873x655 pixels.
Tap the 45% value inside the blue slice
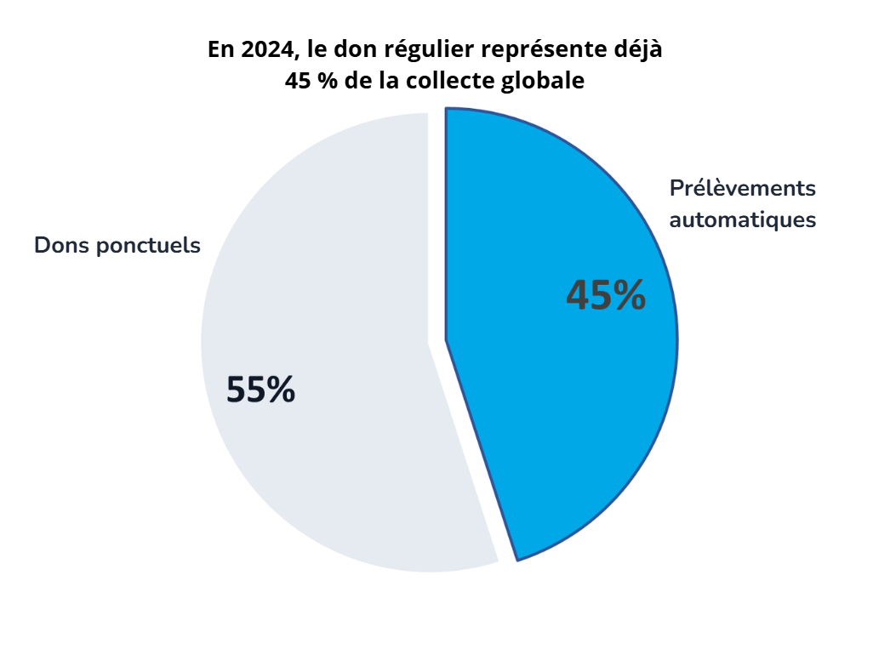(x=606, y=295)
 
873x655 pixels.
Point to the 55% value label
(x=260, y=390)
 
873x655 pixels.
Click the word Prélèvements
(x=742, y=188)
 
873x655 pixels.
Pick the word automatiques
(x=743, y=219)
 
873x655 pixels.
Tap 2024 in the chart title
(x=264, y=49)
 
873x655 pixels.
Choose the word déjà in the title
(x=639, y=49)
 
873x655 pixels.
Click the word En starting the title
(x=221, y=49)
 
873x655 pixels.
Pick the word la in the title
(x=389, y=82)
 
